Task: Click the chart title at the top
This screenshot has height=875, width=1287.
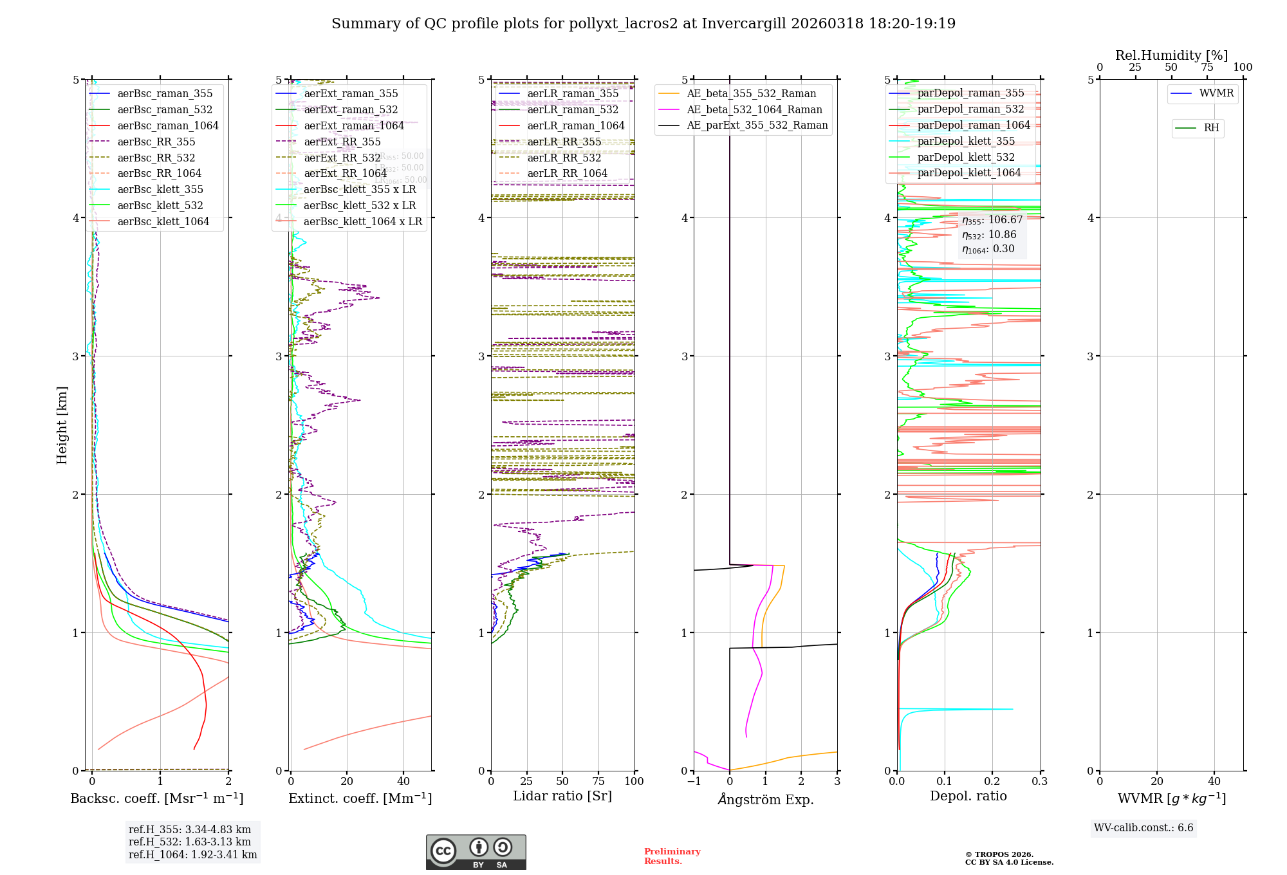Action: (x=643, y=24)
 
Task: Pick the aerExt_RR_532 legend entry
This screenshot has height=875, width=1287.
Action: (x=342, y=158)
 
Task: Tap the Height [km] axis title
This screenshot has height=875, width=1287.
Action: (x=62, y=425)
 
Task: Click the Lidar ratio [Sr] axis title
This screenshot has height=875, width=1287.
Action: (x=562, y=796)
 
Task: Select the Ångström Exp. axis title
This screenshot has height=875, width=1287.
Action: (x=766, y=799)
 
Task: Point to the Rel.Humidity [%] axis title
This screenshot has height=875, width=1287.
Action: (x=1171, y=55)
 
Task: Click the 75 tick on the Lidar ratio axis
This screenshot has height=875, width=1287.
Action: (x=598, y=781)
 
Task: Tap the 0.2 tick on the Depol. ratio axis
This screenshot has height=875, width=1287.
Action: (x=992, y=781)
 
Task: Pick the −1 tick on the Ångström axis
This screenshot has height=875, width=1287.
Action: (x=694, y=781)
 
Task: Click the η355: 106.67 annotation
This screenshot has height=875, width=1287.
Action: (x=992, y=220)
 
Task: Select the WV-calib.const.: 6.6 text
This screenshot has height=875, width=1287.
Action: (x=1143, y=828)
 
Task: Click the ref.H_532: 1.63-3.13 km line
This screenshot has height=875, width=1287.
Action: (x=190, y=842)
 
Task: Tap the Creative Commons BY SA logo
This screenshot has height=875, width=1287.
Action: (x=476, y=852)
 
